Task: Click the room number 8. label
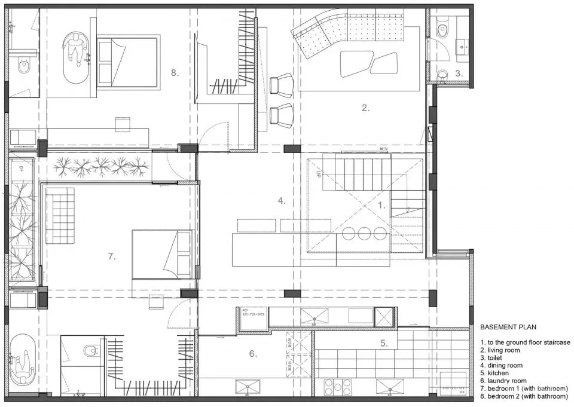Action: pyautogui.click(x=175, y=73)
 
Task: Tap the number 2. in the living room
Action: pyautogui.click(x=365, y=108)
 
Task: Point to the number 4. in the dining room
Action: pyautogui.click(x=281, y=201)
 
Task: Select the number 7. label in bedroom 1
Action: pyautogui.click(x=111, y=256)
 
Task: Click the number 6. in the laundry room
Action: pyautogui.click(x=253, y=354)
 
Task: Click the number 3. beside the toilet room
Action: pyautogui.click(x=459, y=74)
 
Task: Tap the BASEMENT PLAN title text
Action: pyautogui.click(x=508, y=327)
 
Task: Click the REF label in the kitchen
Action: pyautogui.click(x=246, y=310)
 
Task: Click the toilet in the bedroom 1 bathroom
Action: pyautogui.click(x=87, y=351)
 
